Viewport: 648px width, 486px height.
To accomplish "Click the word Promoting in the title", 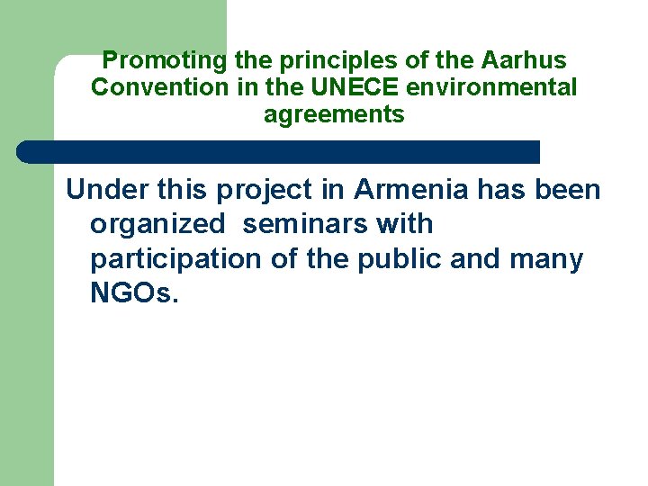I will tap(165, 61).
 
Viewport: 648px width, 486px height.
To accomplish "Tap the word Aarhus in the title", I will tap(526, 61).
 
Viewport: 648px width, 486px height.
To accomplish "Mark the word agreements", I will tap(334, 115).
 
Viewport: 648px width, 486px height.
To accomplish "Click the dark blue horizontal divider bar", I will tap(279, 152).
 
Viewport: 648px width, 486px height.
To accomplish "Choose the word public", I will tap(396, 259).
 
